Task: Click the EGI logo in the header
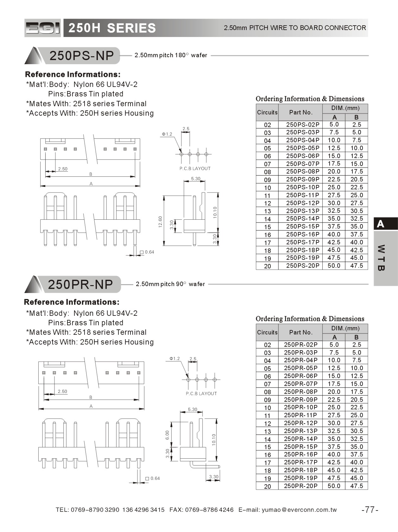click(x=42, y=28)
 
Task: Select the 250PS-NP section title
click(x=81, y=56)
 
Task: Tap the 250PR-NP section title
click(x=80, y=284)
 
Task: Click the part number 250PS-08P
click(x=302, y=171)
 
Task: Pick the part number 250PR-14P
click(x=300, y=439)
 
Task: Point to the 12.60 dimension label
click(x=160, y=221)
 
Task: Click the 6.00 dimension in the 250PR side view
click(x=167, y=435)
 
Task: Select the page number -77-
click(x=370, y=510)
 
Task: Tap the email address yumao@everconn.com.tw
click(x=299, y=510)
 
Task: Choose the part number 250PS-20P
click(x=302, y=266)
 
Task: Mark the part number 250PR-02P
click(x=300, y=345)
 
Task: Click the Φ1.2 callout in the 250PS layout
click(x=167, y=134)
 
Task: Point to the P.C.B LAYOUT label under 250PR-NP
click(x=201, y=394)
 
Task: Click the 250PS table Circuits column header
click(x=267, y=113)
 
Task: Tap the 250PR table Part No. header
click(x=300, y=333)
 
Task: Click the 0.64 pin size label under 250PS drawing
click(x=149, y=252)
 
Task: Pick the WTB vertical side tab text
click(x=381, y=258)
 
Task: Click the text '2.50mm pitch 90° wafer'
click(x=170, y=284)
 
